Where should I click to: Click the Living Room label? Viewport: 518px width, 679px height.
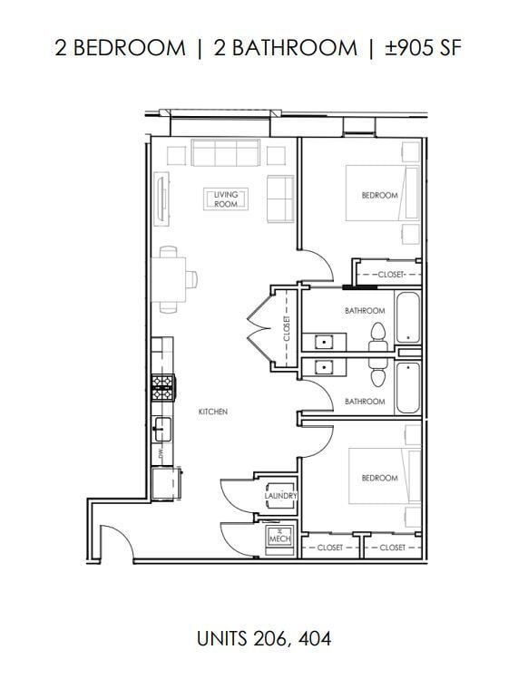coord(226,199)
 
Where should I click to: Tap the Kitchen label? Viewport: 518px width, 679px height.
coord(212,412)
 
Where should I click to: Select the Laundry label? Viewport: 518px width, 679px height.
coord(276,496)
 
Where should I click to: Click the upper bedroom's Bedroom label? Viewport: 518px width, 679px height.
coord(379,196)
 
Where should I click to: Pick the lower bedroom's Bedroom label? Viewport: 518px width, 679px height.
coord(378,478)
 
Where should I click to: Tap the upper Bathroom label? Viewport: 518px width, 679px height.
coord(365,311)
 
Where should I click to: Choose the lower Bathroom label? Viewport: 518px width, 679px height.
coord(365,401)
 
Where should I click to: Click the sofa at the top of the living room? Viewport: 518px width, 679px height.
coord(225,153)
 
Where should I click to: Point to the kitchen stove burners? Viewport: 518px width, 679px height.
coord(162,386)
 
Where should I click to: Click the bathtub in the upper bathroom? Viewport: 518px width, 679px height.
coord(408,318)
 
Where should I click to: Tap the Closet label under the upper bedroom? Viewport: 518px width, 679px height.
coord(390,273)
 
